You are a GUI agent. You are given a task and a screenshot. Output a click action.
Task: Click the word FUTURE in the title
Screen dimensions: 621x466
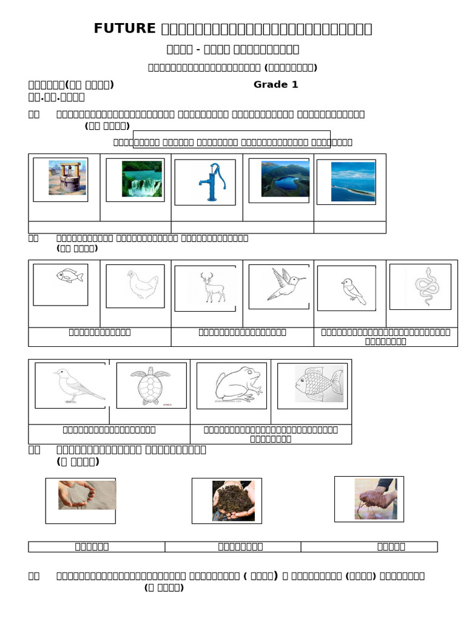pos(124,29)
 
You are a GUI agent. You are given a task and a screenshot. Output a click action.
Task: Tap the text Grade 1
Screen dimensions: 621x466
pos(275,84)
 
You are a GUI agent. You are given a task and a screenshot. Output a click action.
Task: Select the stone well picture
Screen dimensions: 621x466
pos(67,178)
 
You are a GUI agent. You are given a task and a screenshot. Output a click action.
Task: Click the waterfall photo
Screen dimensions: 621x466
pos(142,179)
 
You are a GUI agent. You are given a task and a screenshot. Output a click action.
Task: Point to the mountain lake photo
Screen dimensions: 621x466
pos(285,179)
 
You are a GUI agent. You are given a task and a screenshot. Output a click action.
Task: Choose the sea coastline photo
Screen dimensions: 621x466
pos(353,181)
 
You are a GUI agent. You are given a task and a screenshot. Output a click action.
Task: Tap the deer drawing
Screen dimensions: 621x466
pos(212,287)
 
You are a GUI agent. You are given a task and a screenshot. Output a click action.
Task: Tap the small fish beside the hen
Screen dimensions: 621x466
pos(69,276)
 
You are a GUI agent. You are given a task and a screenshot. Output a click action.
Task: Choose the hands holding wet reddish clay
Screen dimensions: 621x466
pos(376,499)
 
